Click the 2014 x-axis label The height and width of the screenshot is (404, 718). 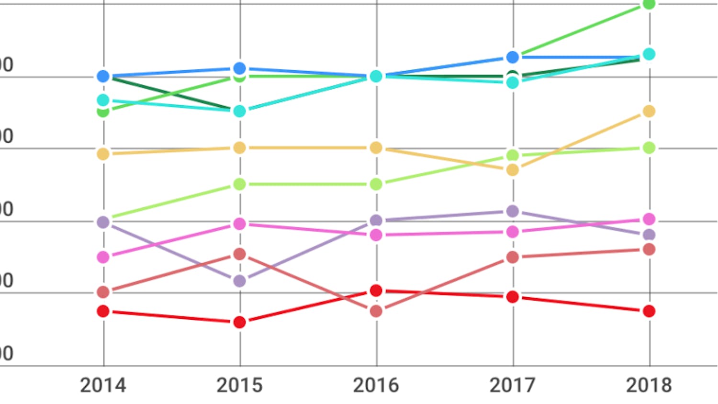pos(103,385)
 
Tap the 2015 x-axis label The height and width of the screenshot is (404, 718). pos(239,385)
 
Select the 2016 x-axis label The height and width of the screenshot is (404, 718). pos(376,385)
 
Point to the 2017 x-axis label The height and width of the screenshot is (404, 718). pos(512,385)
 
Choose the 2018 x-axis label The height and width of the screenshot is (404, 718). pos(649,385)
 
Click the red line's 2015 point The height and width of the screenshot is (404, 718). pos(240,322)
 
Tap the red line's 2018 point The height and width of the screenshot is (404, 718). pos(649,311)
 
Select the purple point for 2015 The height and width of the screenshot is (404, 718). pos(240,281)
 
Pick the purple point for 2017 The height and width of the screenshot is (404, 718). pos(513,211)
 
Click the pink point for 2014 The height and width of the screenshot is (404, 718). pos(103,257)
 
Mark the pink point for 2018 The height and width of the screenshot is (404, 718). pos(649,219)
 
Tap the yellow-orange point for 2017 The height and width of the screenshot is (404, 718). pos(513,170)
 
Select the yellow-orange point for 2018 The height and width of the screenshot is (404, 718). pos(649,111)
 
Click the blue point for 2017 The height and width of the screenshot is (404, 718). pos(513,57)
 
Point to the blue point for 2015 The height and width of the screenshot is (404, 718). pos(240,68)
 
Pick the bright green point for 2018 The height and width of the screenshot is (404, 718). pos(649,4)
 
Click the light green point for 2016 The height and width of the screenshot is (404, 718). pos(376,184)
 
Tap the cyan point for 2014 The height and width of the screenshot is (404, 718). pos(103,100)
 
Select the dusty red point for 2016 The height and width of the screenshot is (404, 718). pos(376,311)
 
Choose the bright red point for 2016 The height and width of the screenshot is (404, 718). pos(376,291)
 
